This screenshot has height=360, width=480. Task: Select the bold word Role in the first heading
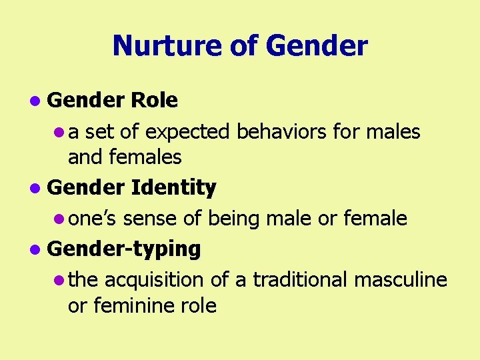(x=155, y=101)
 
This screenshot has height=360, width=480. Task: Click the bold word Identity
(x=173, y=189)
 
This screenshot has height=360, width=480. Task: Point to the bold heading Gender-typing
(x=124, y=249)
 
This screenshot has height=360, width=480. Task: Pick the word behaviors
(x=279, y=132)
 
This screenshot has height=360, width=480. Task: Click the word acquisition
(x=154, y=279)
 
